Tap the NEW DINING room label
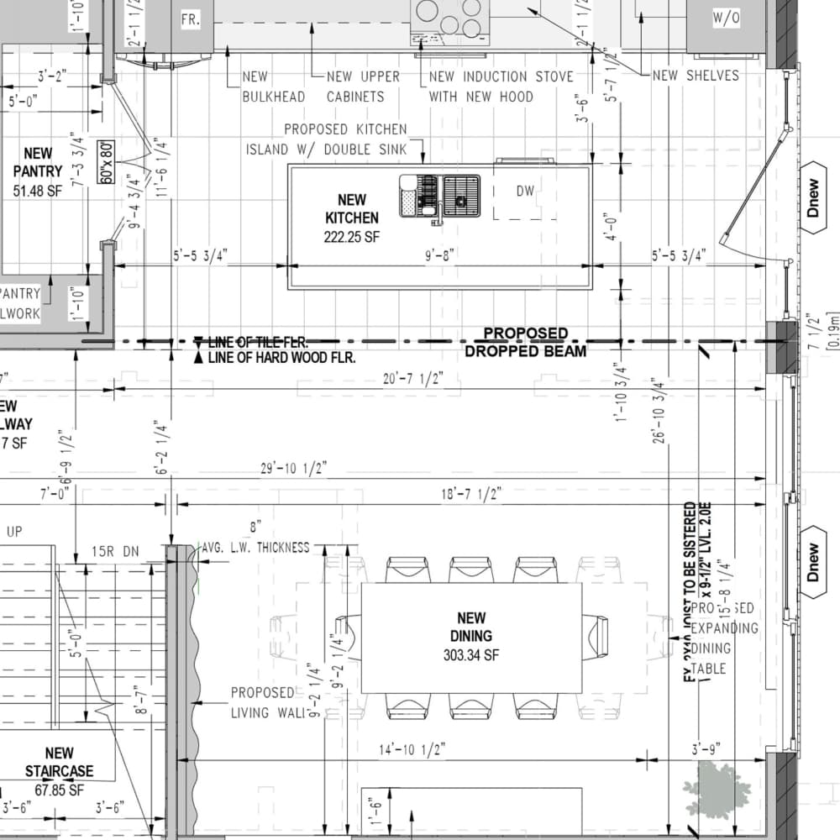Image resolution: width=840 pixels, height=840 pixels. (470, 636)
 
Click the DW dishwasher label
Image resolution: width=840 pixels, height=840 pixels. (525, 192)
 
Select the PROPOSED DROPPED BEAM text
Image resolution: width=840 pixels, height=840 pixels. (526, 343)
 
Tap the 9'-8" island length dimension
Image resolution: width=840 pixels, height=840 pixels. (439, 255)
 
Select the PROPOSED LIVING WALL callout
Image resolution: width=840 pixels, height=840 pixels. (263, 703)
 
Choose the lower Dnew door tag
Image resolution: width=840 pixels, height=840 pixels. (812, 562)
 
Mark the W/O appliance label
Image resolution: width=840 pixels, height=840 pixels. (726, 18)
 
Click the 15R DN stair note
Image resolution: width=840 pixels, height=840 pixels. (114, 552)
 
